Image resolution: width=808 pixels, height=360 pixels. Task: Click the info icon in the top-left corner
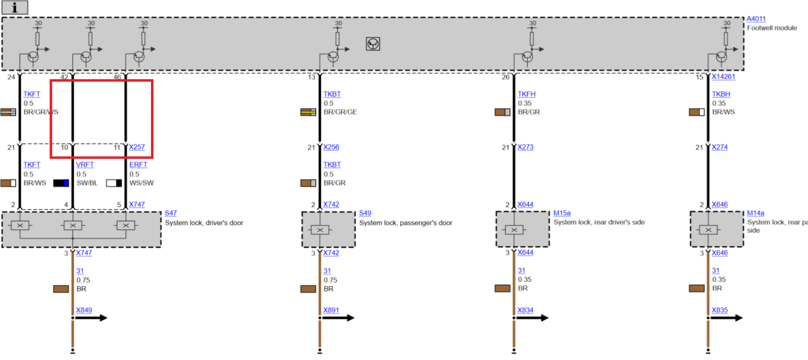tap(15, 8)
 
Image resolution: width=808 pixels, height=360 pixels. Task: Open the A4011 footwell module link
tap(756, 19)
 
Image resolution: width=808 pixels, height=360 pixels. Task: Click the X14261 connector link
tap(723, 77)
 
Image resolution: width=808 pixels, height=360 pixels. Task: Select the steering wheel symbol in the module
tap(373, 44)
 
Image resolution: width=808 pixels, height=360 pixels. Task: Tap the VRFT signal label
tap(85, 165)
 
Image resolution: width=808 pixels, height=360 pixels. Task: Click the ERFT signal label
tap(138, 165)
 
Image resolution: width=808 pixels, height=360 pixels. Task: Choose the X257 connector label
tap(136, 147)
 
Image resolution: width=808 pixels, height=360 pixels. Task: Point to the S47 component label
tap(171, 213)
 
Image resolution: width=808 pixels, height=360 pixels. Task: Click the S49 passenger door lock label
tap(365, 213)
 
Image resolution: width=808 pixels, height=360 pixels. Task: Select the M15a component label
tap(562, 213)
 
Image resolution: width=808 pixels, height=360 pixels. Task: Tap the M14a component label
tap(755, 213)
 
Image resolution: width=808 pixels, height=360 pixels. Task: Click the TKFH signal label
tap(526, 94)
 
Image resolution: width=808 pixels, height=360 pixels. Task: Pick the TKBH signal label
tap(721, 94)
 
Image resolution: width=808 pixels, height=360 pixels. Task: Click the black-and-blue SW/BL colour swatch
tap(61, 183)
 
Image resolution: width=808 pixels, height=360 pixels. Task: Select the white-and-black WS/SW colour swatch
tap(114, 183)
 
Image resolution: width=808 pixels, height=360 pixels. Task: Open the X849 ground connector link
tap(84, 310)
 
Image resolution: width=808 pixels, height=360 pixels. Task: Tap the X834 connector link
tap(525, 310)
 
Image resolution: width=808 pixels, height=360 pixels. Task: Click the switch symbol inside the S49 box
tap(320, 230)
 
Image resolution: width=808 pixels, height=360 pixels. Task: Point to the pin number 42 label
tap(64, 77)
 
